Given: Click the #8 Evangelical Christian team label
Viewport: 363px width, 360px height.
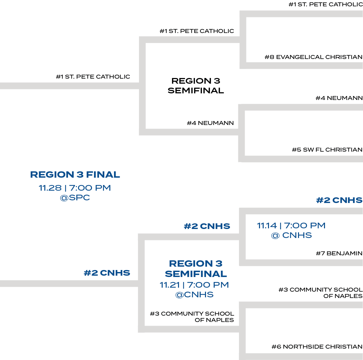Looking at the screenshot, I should pos(313,57).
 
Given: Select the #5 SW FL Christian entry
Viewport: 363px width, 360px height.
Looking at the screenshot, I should pos(327,150).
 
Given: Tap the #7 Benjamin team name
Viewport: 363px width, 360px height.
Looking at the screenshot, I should pos(339,253).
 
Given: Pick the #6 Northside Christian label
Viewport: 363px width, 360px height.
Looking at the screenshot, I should pos(317,347).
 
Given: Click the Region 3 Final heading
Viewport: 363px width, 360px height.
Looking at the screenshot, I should pos(75,174).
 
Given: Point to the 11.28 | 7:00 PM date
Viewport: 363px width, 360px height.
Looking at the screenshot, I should pos(75,188).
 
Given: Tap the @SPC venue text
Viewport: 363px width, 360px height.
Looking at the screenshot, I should pos(75,198).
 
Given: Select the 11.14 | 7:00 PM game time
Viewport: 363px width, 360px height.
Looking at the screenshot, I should pos(291,226).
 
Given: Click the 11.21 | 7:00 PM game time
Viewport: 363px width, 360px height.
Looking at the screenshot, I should pos(194,285).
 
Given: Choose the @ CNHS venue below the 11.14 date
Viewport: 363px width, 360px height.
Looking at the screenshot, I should pos(291,235).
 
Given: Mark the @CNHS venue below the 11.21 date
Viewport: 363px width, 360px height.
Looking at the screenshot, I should pos(194,295).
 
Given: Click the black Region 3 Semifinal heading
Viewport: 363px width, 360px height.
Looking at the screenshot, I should pos(196,86).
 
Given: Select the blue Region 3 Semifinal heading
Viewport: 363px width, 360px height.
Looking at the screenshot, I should pos(196,269).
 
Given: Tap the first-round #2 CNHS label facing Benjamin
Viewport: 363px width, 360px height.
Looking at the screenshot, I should pos(339,200).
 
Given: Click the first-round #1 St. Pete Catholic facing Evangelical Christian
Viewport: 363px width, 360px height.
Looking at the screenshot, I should pos(325,5).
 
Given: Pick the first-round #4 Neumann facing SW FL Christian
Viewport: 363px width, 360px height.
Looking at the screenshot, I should pos(339,98).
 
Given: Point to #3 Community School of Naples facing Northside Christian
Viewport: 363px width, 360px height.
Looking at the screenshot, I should pos(320,293).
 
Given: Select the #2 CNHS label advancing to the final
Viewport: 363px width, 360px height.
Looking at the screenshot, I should pos(107,273).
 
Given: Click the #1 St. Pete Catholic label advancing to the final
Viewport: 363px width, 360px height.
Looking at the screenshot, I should pos(93,77).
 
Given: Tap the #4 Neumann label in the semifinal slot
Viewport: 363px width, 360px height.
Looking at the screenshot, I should pos(210,123).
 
